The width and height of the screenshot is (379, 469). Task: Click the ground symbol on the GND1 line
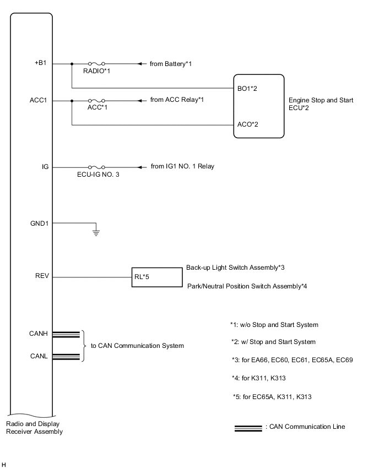[x=96, y=232]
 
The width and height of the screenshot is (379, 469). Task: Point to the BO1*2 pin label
[x=247, y=88]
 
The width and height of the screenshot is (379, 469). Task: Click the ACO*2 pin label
[x=247, y=124]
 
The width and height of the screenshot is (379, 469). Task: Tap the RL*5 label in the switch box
[x=142, y=277]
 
